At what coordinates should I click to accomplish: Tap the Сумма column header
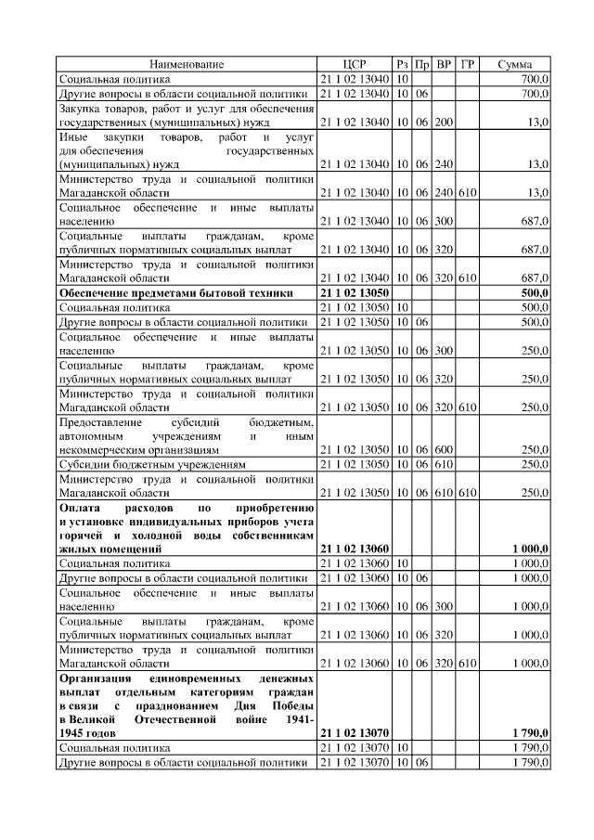coord(514,64)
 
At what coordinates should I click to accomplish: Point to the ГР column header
coord(468,64)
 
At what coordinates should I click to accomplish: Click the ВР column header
coord(445,64)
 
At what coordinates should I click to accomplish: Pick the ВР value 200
coord(445,123)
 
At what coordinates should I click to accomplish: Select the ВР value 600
coord(445,448)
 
